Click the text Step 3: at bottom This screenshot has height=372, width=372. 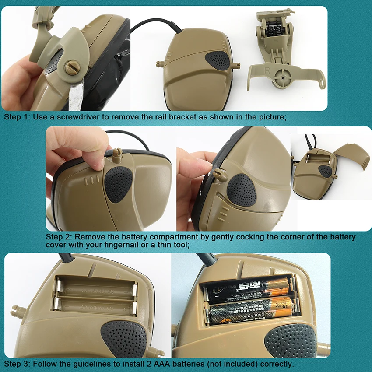[16, 364]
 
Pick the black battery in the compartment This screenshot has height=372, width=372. [248, 289]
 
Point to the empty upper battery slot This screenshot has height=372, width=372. [95, 289]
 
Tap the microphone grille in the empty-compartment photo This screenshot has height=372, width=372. [124, 339]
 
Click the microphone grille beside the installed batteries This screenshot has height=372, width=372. [291, 340]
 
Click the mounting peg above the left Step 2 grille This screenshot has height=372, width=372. [116, 154]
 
